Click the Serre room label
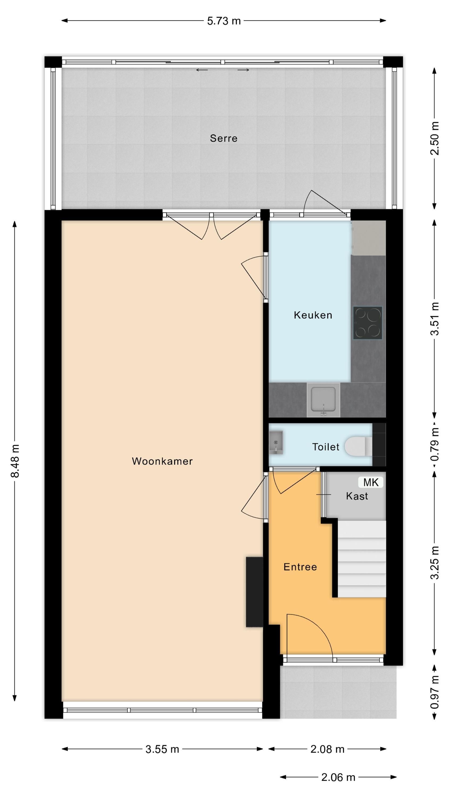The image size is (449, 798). coord(223,138)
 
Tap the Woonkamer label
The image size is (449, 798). coord(162,461)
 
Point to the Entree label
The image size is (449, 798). coord(300,567)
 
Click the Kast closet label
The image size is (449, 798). coord(357,496)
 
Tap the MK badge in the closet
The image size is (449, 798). coord(371,482)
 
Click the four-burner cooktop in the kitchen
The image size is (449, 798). coord(368,323)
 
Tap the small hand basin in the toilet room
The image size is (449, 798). coord(276,442)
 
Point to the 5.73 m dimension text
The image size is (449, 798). coord(224,21)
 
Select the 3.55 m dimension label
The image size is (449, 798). coord(162,749)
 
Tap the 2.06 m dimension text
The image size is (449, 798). coord(338,777)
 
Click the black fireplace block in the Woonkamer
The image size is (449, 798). coord(254,592)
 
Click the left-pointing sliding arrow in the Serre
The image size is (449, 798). coord(202,70)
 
